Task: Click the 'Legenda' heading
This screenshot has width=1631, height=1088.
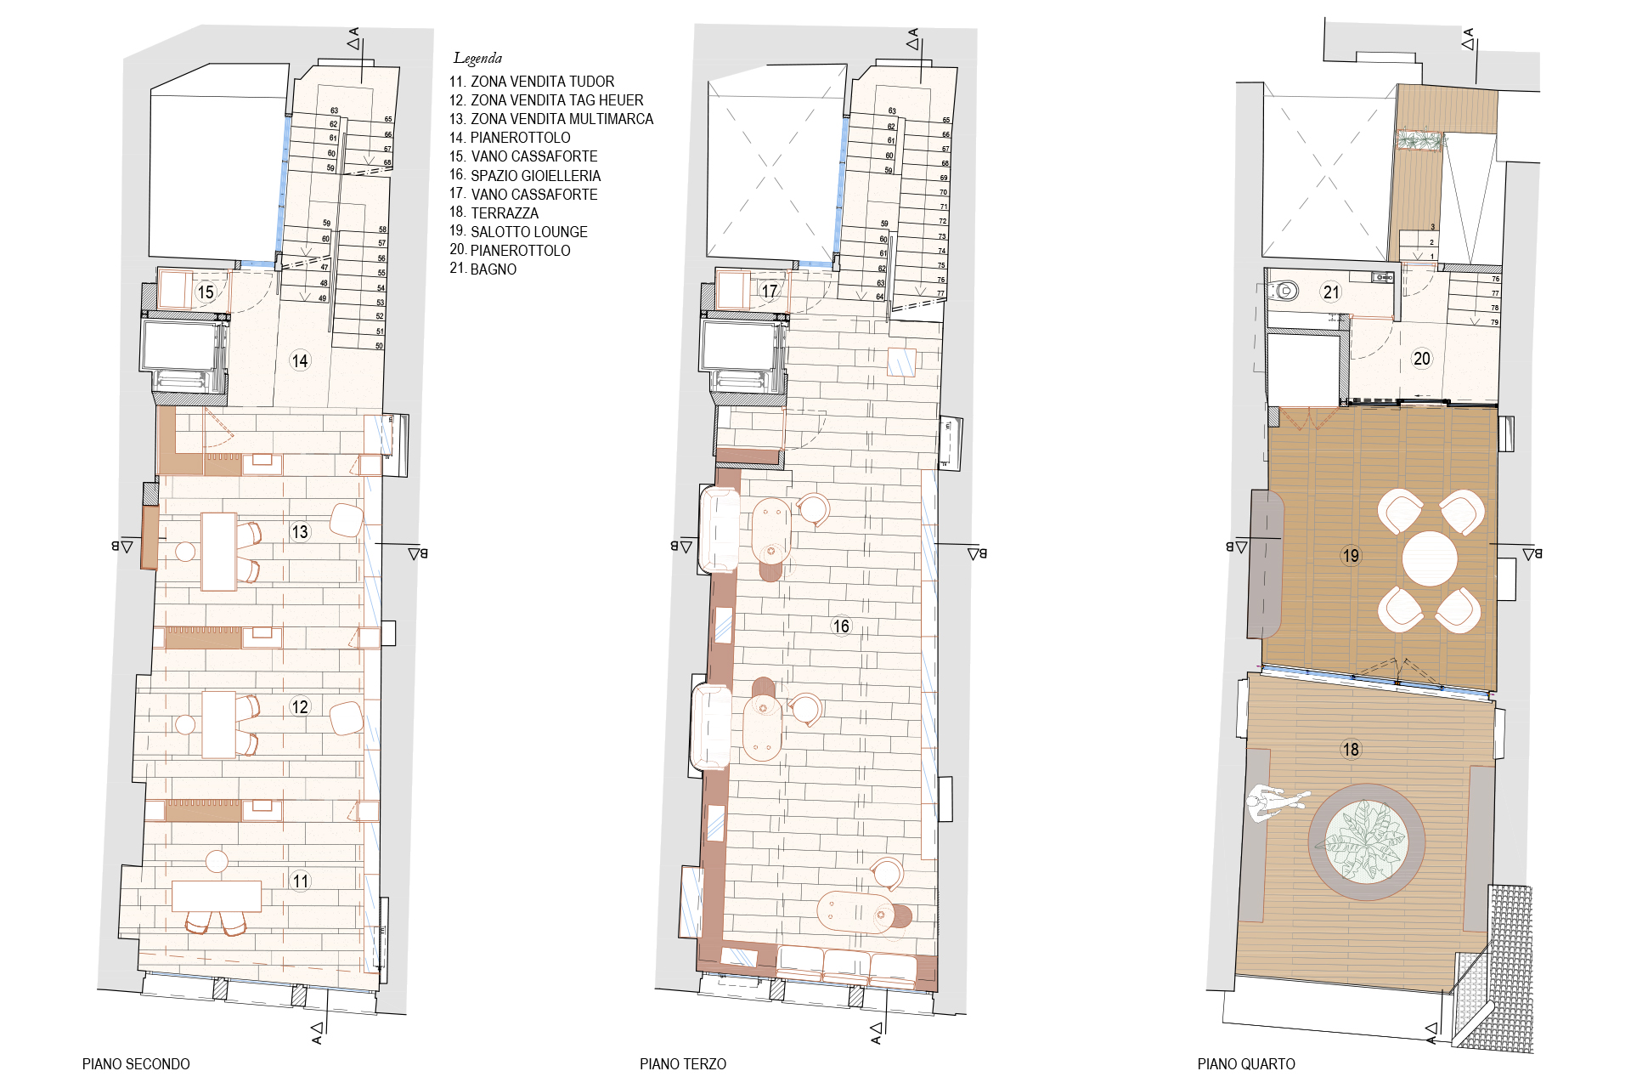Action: (x=477, y=58)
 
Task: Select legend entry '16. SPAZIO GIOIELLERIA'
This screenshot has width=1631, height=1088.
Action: (x=524, y=175)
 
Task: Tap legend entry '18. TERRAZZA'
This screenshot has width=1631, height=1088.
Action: (x=494, y=212)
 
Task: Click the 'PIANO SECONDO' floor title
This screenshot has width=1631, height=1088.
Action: (x=136, y=1063)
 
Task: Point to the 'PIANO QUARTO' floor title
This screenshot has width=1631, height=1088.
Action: (x=1246, y=1063)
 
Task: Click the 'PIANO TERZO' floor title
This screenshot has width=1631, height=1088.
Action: (x=683, y=1063)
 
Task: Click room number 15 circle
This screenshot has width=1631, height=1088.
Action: (x=206, y=292)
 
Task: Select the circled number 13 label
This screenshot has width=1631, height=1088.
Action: (x=300, y=532)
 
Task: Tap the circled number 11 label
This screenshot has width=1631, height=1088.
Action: (x=301, y=881)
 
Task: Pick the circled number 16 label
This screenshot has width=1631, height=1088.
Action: (x=841, y=626)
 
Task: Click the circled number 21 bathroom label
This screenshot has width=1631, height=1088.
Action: (x=1331, y=292)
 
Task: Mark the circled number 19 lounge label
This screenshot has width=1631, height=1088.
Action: (x=1351, y=556)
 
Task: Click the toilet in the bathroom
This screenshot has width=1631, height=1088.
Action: (x=1285, y=292)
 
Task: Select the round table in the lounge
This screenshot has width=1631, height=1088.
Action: (x=1430, y=559)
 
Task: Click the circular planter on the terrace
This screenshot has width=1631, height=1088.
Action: (x=1366, y=842)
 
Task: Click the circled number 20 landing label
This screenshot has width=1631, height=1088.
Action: (x=1422, y=359)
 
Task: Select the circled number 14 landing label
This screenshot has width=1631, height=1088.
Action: (x=300, y=360)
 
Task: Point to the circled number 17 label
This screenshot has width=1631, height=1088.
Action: (x=770, y=292)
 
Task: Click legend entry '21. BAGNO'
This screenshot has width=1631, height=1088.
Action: (x=483, y=269)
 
